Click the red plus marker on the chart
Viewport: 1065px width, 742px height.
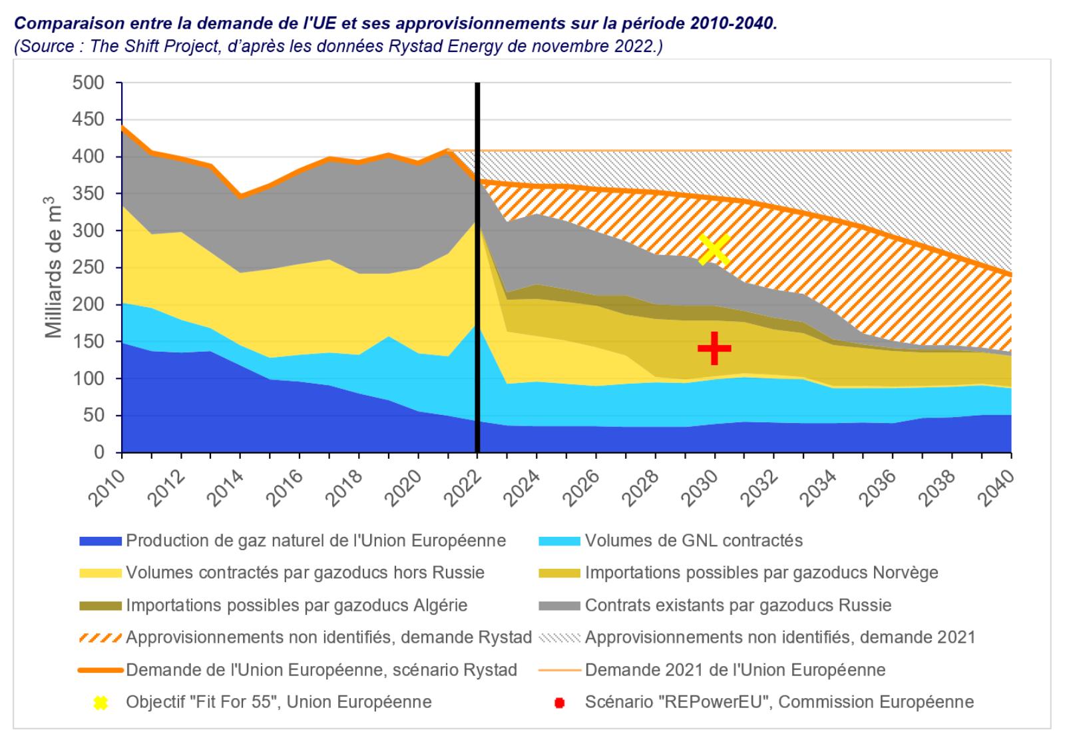coord(714,348)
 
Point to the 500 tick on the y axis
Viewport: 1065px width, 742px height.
coord(90,83)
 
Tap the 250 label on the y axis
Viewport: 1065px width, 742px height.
coord(90,268)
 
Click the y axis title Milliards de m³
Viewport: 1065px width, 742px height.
coord(54,267)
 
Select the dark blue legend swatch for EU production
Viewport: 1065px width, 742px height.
coord(100,541)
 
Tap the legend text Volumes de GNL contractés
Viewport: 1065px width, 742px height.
coord(694,540)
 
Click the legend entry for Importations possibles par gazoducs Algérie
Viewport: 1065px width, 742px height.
coord(296,605)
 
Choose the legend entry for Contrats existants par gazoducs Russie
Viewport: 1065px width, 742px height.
coord(738,605)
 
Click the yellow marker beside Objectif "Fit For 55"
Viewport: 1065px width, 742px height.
coord(100,703)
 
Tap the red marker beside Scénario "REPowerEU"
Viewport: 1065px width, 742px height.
coord(559,703)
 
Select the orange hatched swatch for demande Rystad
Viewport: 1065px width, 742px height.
coord(100,638)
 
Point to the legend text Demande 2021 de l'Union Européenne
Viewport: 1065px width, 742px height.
coord(735,670)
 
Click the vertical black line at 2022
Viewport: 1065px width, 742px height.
coord(477,266)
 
